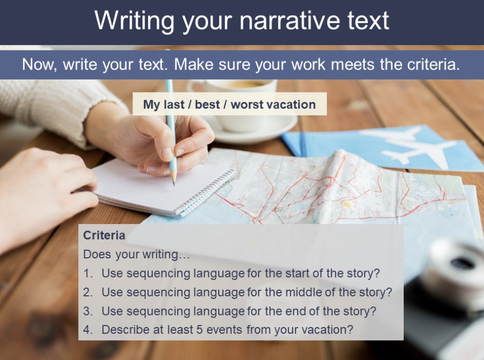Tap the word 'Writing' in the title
[x=134, y=21]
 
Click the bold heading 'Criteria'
[x=104, y=235]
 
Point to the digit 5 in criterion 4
[x=200, y=330]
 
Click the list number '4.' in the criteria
[x=88, y=330]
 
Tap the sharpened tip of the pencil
[x=174, y=185]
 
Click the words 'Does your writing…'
[x=136, y=254]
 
